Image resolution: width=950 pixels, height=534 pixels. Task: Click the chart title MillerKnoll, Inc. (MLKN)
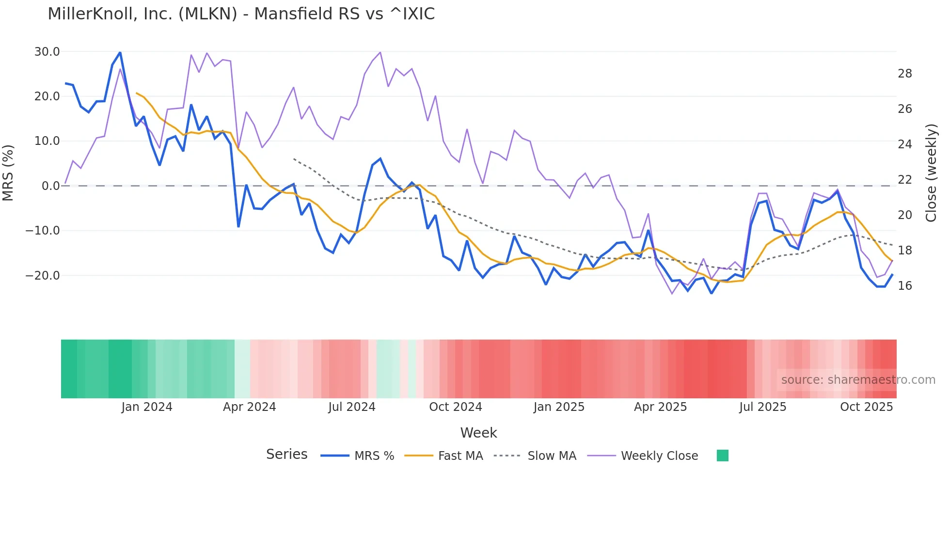(241, 14)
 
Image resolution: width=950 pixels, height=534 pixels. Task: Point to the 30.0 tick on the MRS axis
(47, 51)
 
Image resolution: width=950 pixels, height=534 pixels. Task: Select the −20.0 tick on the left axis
(43, 275)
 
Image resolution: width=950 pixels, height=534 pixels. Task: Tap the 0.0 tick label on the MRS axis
(51, 186)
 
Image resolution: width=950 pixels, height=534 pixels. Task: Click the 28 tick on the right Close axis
(904, 74)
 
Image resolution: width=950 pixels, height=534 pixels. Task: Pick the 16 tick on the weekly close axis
(904, 286)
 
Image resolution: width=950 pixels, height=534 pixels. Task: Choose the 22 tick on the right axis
(904, 180)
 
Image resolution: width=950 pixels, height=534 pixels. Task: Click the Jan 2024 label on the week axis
(147, 407)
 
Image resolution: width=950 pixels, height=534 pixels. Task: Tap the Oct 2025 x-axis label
(866, 407)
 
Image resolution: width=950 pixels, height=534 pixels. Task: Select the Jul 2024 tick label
(352, 407)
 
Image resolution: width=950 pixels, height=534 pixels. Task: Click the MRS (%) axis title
(8, 173)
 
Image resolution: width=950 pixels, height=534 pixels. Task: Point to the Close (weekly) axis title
(931, 173)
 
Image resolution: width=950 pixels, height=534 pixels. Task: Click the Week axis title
(478, 433)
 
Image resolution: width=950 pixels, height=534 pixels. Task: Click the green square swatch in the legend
(722, 455)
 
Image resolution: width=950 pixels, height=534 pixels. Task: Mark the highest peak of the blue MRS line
(120, 52)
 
